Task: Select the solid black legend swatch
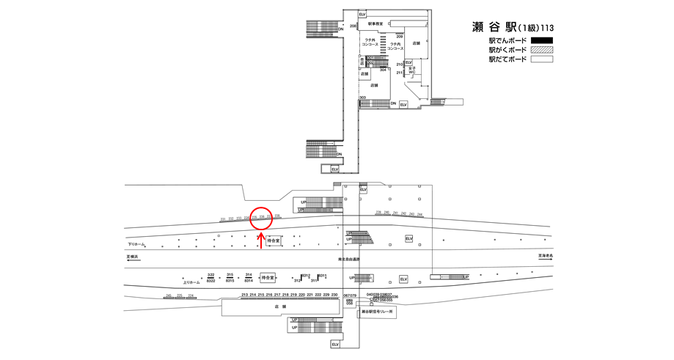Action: (x=542, y=40)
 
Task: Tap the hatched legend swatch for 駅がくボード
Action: (x=542, y=50)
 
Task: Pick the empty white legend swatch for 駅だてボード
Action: (x=542, y=59)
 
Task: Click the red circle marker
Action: (x=262, y=218)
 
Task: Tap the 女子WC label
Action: (x=412, y=70)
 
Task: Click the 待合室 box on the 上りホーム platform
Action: (x=268, y=278)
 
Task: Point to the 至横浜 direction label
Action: (x=133, y=257)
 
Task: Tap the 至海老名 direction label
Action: (x=546, y=257)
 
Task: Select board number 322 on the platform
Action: (x=210, y=274)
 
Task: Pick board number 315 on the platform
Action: (x=230, y=274)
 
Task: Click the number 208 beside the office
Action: (x=353, y=26)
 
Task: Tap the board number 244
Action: (x=420, y=214)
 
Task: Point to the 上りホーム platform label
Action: (x=191, y=282)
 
